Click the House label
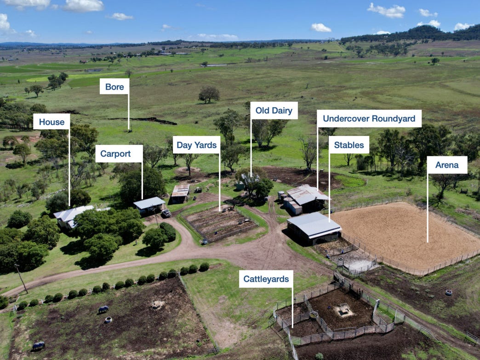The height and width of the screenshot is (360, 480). [51, 122]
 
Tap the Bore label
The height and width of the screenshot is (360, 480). [114, 86]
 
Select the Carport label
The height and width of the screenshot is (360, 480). [119, 154]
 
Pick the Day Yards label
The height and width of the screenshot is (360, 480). [196, 145]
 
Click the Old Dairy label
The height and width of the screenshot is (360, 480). [274, 110]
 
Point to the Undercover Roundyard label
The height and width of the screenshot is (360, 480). [369, 118]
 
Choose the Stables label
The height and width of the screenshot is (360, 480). [349, 145]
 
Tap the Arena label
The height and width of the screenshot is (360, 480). [447, 165]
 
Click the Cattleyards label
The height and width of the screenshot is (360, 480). [266, 279]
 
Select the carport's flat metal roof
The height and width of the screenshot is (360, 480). [149, 202]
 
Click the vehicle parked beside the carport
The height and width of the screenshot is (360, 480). [166, 213]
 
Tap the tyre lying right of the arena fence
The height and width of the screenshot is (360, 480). [448, 292]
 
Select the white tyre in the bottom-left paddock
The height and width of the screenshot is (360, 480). [108, 320]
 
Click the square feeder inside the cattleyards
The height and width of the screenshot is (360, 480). [343, 311]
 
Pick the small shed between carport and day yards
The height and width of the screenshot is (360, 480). [180, 193]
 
